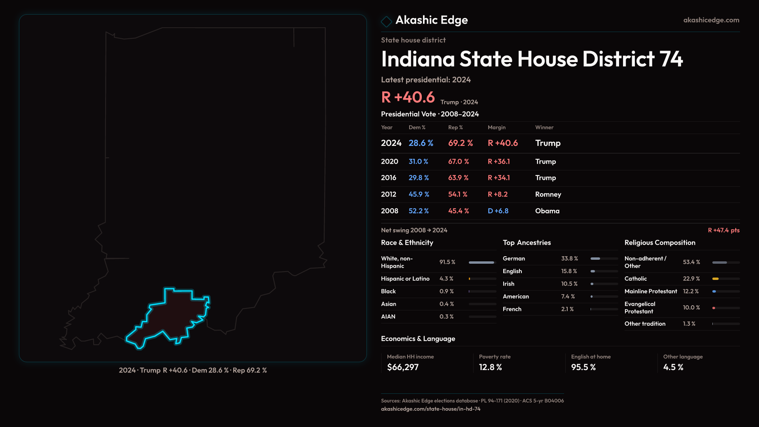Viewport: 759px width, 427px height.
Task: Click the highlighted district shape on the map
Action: [174, 316]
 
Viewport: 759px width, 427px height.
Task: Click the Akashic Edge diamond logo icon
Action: [386, 21]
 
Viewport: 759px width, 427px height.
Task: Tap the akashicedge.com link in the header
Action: [711, 20]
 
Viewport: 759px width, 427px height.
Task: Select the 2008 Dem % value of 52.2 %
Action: [419, 211]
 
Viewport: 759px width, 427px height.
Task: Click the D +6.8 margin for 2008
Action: [498, 211]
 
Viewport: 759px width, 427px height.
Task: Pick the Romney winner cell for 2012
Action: [548, 195]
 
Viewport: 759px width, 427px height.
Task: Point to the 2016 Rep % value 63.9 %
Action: [458, 178]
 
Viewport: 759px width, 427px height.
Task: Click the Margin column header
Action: [497, 127]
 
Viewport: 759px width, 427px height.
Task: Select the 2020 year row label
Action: [389, 162]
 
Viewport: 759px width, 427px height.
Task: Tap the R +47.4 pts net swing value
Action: [723, 230]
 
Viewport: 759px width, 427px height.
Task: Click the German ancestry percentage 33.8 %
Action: [569, 259]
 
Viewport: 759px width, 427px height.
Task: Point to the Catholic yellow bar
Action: [716, 279]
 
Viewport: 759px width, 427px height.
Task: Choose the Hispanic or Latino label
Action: [405, 279]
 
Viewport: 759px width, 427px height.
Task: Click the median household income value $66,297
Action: [403, 367]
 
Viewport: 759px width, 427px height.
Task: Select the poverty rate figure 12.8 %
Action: [490, 367]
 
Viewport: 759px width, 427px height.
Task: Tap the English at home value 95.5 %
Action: [583, 367]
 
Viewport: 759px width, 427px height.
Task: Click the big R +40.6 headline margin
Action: [408, 97]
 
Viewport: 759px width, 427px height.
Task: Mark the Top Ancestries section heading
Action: [527, 243]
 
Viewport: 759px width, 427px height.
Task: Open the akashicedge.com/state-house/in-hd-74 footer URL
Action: [430, 409]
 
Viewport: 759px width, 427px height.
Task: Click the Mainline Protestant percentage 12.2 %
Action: [691, 291]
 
